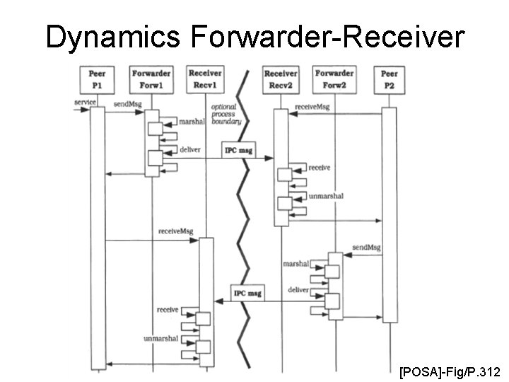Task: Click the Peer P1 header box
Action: pos(98,78)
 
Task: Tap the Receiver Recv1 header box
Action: pos(205,78)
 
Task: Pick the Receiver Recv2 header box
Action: pos(280,78)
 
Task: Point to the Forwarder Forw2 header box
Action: pos(334,78)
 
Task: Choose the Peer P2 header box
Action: pos(389,78)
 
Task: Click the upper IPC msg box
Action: pos(239,151)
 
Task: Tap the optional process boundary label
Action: pos(226,114)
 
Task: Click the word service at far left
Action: pos(85,103)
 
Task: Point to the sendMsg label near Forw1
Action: pos(128,103)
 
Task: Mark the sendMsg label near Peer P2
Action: pos(365,248)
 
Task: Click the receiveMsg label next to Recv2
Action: pos(312,106)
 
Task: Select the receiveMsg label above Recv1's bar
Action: pos(175,231)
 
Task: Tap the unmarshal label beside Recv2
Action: pos(326,196)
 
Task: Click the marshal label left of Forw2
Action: pos(296,263)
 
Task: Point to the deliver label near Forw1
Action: pos(190,149)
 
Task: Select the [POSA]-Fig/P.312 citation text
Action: pos(450,371)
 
